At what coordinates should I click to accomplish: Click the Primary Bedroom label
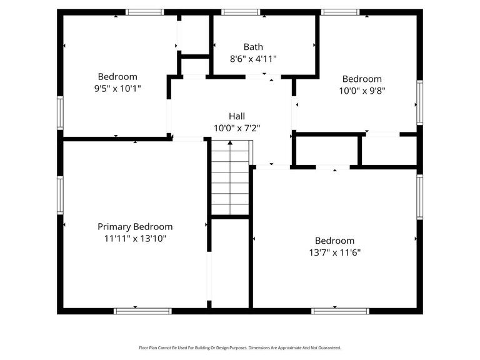point(135,227)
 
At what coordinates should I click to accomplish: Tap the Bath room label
point(253,47)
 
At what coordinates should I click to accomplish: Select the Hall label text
point(237,116)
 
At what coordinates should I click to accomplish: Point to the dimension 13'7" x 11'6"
point(334,252)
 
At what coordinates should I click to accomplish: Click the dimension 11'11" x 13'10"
point(135,239)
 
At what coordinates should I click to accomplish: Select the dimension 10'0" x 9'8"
point(362,90)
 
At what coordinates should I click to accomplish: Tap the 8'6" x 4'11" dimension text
point(253,59)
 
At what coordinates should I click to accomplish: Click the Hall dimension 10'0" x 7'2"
point(237,128)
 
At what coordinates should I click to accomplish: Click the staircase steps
point(230,181)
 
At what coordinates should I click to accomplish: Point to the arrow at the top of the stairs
point(230,144)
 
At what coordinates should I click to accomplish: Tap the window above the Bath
point(241,12)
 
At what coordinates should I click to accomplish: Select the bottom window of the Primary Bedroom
point(142,311)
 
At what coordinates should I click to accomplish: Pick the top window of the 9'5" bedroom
point(144,12)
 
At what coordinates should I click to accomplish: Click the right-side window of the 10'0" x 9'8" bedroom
point(420,103)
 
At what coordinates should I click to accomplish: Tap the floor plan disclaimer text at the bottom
point(240,347)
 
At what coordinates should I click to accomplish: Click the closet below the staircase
point(230,262)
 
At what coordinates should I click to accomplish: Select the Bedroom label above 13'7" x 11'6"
point(334,241)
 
